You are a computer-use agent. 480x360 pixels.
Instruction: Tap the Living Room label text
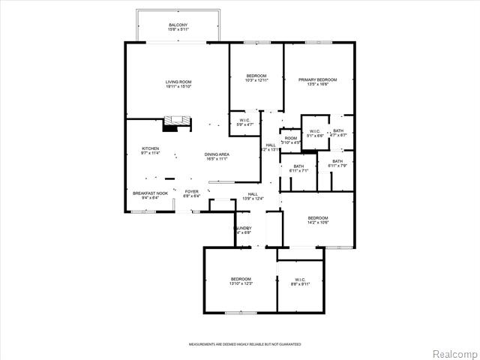(x=178, y=84)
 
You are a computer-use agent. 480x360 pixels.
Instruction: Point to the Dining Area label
(x=216, y=157)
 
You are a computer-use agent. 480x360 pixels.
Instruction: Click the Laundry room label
(x=242, y=229)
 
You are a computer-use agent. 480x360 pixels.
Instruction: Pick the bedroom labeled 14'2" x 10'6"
(x=317, y=220)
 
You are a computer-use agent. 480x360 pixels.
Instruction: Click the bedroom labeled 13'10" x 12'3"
(x=241, y=280)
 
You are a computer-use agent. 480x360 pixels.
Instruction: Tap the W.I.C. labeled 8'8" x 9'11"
(x=300, y=281)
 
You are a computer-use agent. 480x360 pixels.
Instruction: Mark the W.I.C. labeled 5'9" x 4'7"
(x=245, y=122)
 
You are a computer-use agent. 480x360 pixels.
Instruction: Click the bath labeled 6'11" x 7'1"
(x=298, y=169)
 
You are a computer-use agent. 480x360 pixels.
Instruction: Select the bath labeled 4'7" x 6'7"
(x=339, y=133)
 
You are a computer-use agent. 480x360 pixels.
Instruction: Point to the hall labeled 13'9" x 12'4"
(x=253, y=196)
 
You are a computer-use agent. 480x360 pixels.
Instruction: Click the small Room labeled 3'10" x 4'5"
(x=290, y=140)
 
